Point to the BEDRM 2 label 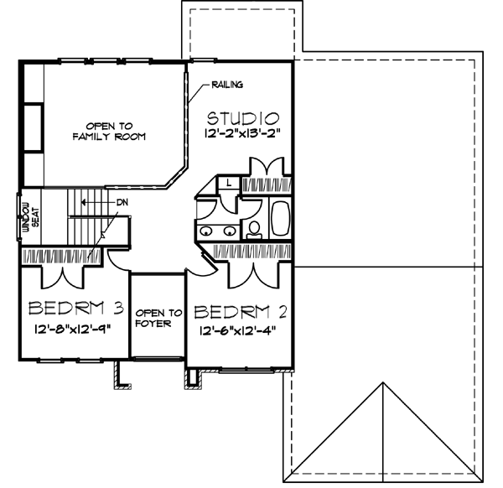(241, 312)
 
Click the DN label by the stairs (122, 202)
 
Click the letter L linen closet (229, 181)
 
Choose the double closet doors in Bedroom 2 (253, 270)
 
